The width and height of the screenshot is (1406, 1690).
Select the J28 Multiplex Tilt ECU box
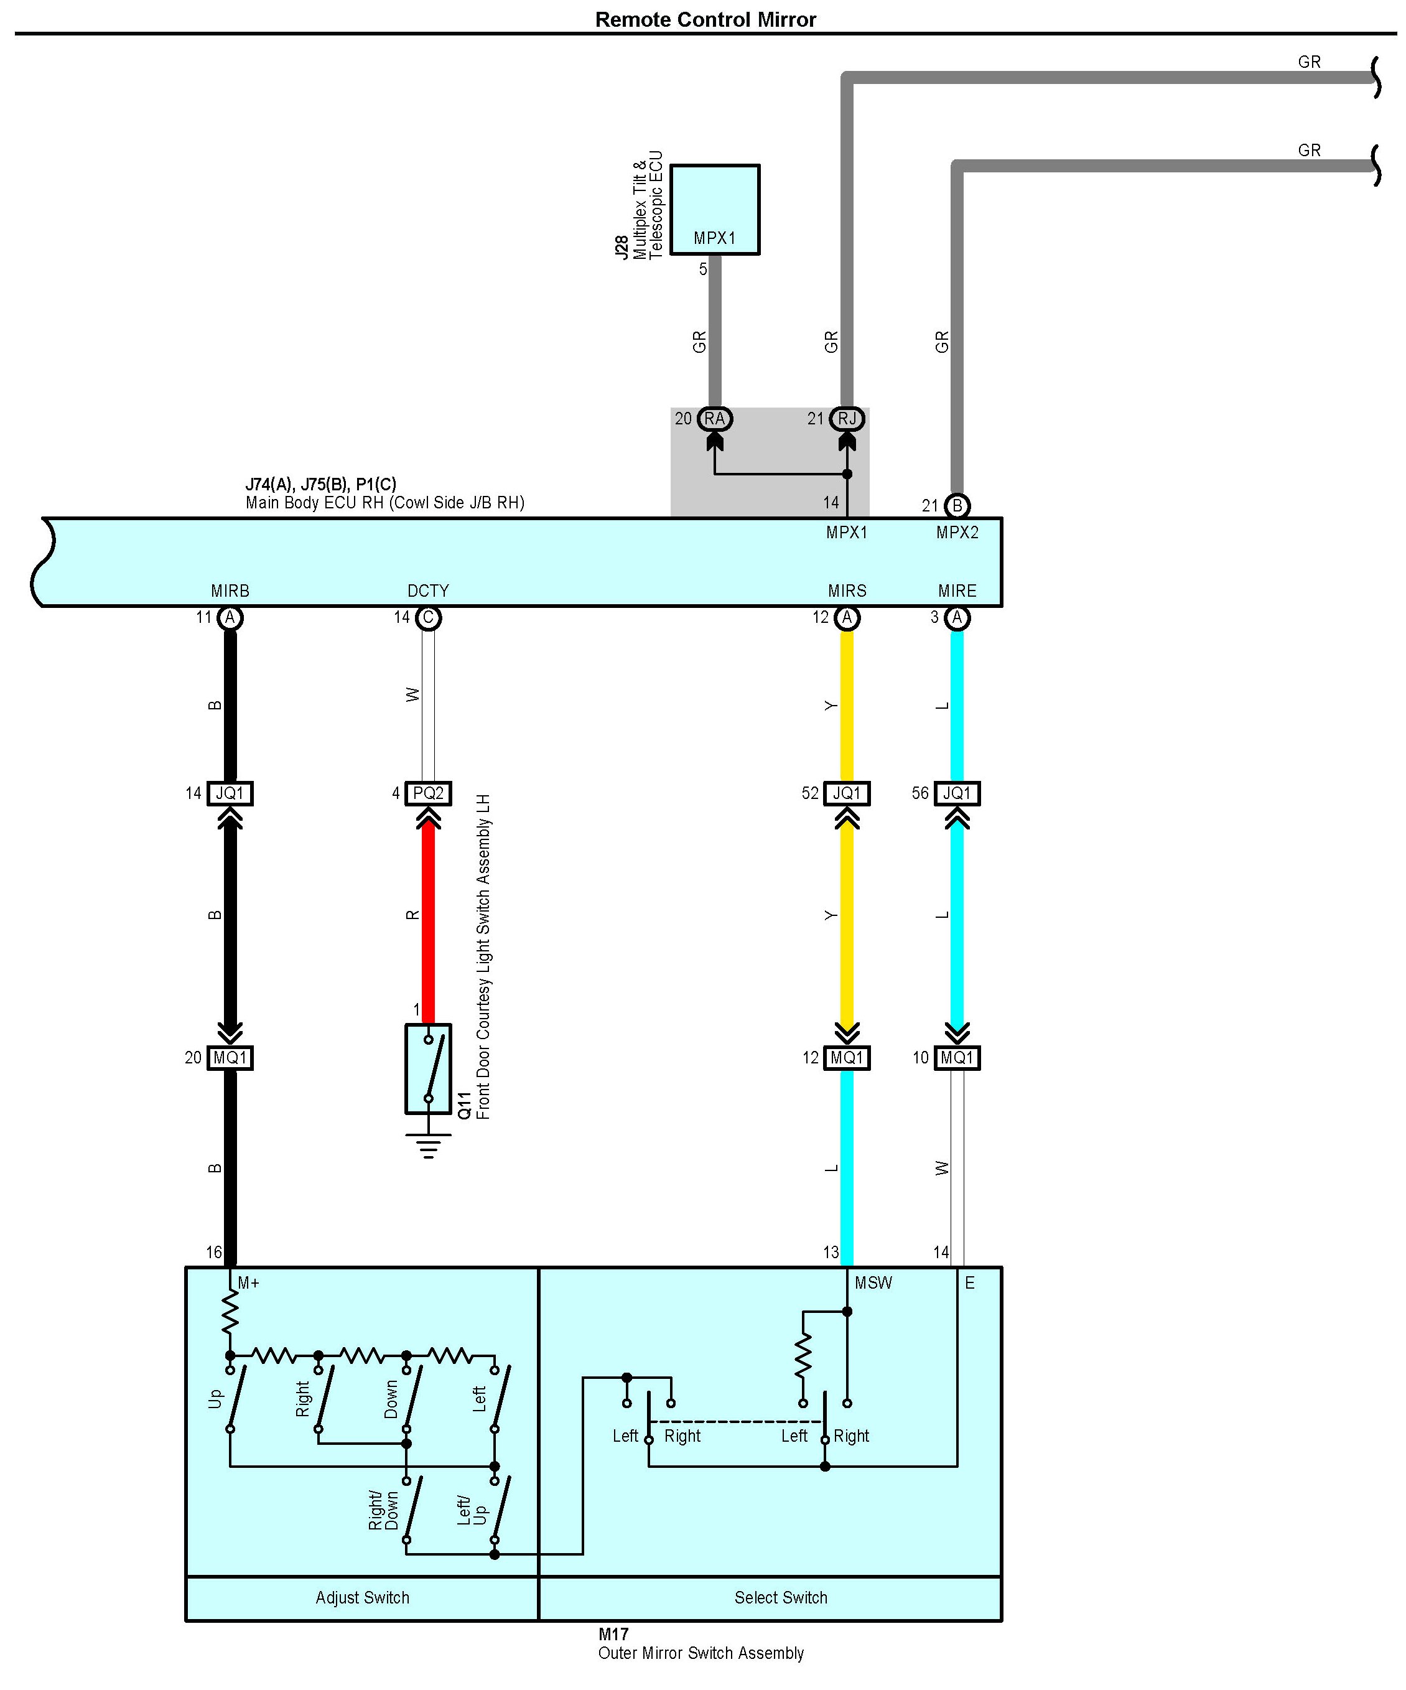(715, 209)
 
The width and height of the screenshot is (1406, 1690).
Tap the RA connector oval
(714, 419)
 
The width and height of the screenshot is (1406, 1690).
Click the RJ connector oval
(847, 419)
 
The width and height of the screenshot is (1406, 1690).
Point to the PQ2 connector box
(427, 793)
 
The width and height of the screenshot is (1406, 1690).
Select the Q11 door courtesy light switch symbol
(427, 1069)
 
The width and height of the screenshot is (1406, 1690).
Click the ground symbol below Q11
(427, 1144)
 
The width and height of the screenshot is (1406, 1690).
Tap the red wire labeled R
(428, 917)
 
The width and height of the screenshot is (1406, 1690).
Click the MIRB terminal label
(230, 591)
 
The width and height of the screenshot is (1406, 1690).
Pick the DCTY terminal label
(427, 591)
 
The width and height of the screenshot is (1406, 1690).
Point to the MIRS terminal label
(847, 591)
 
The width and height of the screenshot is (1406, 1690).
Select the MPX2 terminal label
(957, 532)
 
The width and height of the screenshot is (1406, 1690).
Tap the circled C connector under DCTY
(428, 617)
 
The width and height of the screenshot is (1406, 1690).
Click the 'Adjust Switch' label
(362, 1597)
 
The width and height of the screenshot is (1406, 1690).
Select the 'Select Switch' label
(780, 1597)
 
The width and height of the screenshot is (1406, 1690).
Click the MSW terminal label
(873, 1283)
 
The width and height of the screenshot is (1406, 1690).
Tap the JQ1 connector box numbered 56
(957, 793)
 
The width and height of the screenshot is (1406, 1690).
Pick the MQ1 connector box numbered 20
(230, 1057)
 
